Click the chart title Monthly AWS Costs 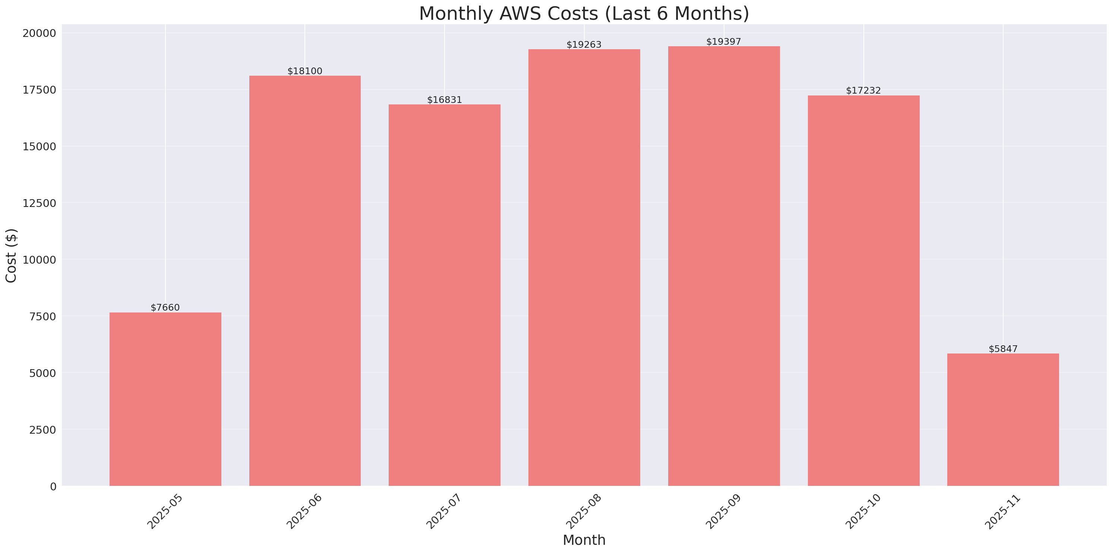point(584,13)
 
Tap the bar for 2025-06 point(305,281)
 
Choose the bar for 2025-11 point(1003,420)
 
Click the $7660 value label point(165,307)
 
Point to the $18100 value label point(305,71)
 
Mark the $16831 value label point(444,100)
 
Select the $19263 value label point(584,44)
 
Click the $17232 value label point(863,90)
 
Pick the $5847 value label point(1003,349)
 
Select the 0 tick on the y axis point(53,487)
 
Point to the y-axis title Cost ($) point(11,255)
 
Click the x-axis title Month point(584,540)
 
